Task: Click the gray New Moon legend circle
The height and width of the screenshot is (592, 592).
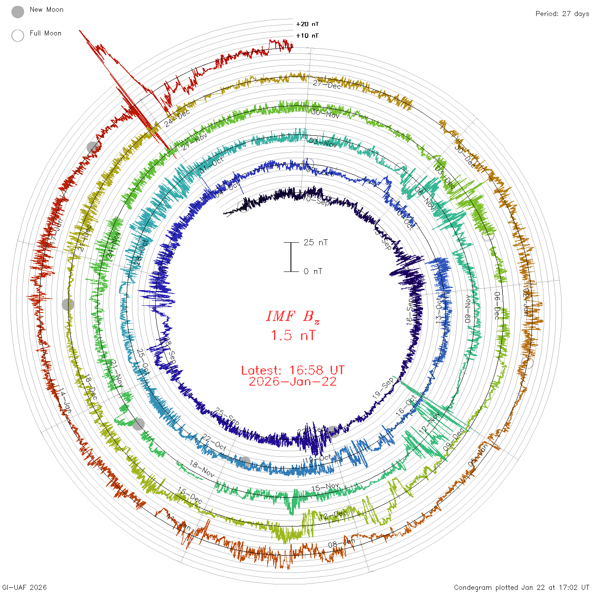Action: [x=18, y=12]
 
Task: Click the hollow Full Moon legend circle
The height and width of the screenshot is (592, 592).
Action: [x=18, y=36]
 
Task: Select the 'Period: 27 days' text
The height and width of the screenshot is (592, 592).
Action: [x=562, y=14]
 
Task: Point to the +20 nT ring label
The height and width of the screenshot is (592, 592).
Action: [x=307, y=24]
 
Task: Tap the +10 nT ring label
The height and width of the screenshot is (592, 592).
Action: [x=307, y=36]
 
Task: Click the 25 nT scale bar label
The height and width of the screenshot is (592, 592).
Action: [x=315, y=242]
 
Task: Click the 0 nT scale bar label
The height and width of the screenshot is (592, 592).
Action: [x=313, y=271]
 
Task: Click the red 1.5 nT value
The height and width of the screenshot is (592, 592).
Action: [x=293, y=335]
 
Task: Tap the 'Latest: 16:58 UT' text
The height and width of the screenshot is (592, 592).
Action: [x=293, y=370]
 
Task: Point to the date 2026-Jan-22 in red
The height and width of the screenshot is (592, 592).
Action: [x=293, y=381]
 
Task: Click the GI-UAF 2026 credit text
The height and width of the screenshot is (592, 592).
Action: [x=25, y=587]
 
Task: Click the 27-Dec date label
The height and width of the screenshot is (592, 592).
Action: [x=327, y=85]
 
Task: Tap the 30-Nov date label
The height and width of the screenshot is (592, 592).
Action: [x=325, y=113]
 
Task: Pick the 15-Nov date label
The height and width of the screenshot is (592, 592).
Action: [x=325, y=488]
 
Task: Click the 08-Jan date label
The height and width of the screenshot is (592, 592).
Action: [x=342, y=543]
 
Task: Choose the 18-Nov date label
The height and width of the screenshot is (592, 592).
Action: [x=202, y=469]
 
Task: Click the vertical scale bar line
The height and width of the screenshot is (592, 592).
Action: [x=291, y=257]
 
